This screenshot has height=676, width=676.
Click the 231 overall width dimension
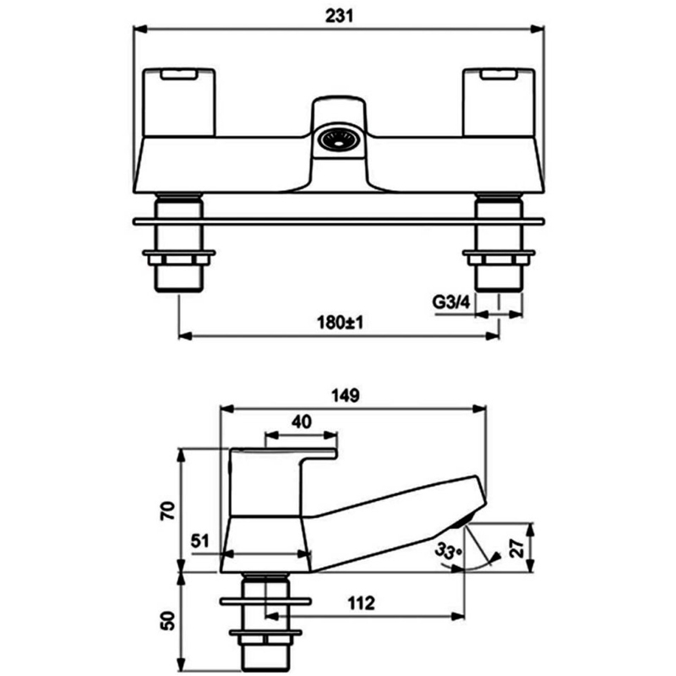(x=340, y=16)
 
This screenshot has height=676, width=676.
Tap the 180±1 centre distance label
(x=341, y=323)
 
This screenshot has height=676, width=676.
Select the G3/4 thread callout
(x=451, y=303)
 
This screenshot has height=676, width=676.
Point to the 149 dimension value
(x=346, y=395)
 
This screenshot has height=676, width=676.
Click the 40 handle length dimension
(x=302, y=422)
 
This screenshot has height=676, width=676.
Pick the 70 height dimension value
(x=168, y=511)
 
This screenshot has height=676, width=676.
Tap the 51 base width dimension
(x=200, y=541)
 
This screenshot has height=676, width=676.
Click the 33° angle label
(x=449, y=552)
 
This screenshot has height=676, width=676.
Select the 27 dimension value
(x=517, y=548)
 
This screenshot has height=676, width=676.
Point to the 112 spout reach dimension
(x=362, y=603)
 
